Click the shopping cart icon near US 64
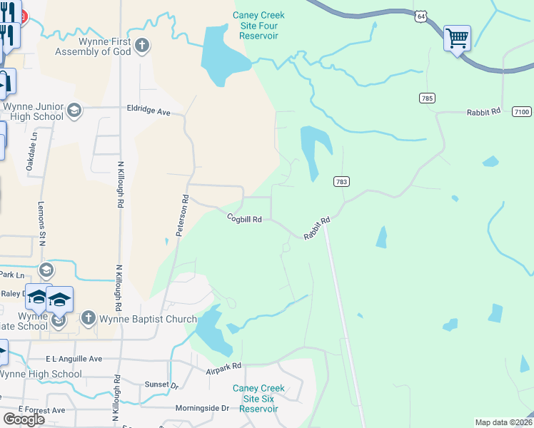pyautogui.click(x=457, y=37)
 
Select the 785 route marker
pyautogui.click(x=427, y=97)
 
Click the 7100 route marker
pyautogui.click(x=522, y=111)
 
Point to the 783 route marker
pyautogui.click(x=341, y=182)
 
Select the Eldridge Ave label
pyautogui.click(x=148, y=112)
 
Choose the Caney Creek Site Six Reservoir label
pyautogui.click(x=258, y=399)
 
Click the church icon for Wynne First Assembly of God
pyautogui.click(x=142, y=46)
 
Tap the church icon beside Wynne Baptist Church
pyautogui.click(x=88, y=318)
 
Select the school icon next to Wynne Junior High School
pyautogui.click(x=74, y=111)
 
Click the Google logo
pyautogui.click(x=24, y=419)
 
